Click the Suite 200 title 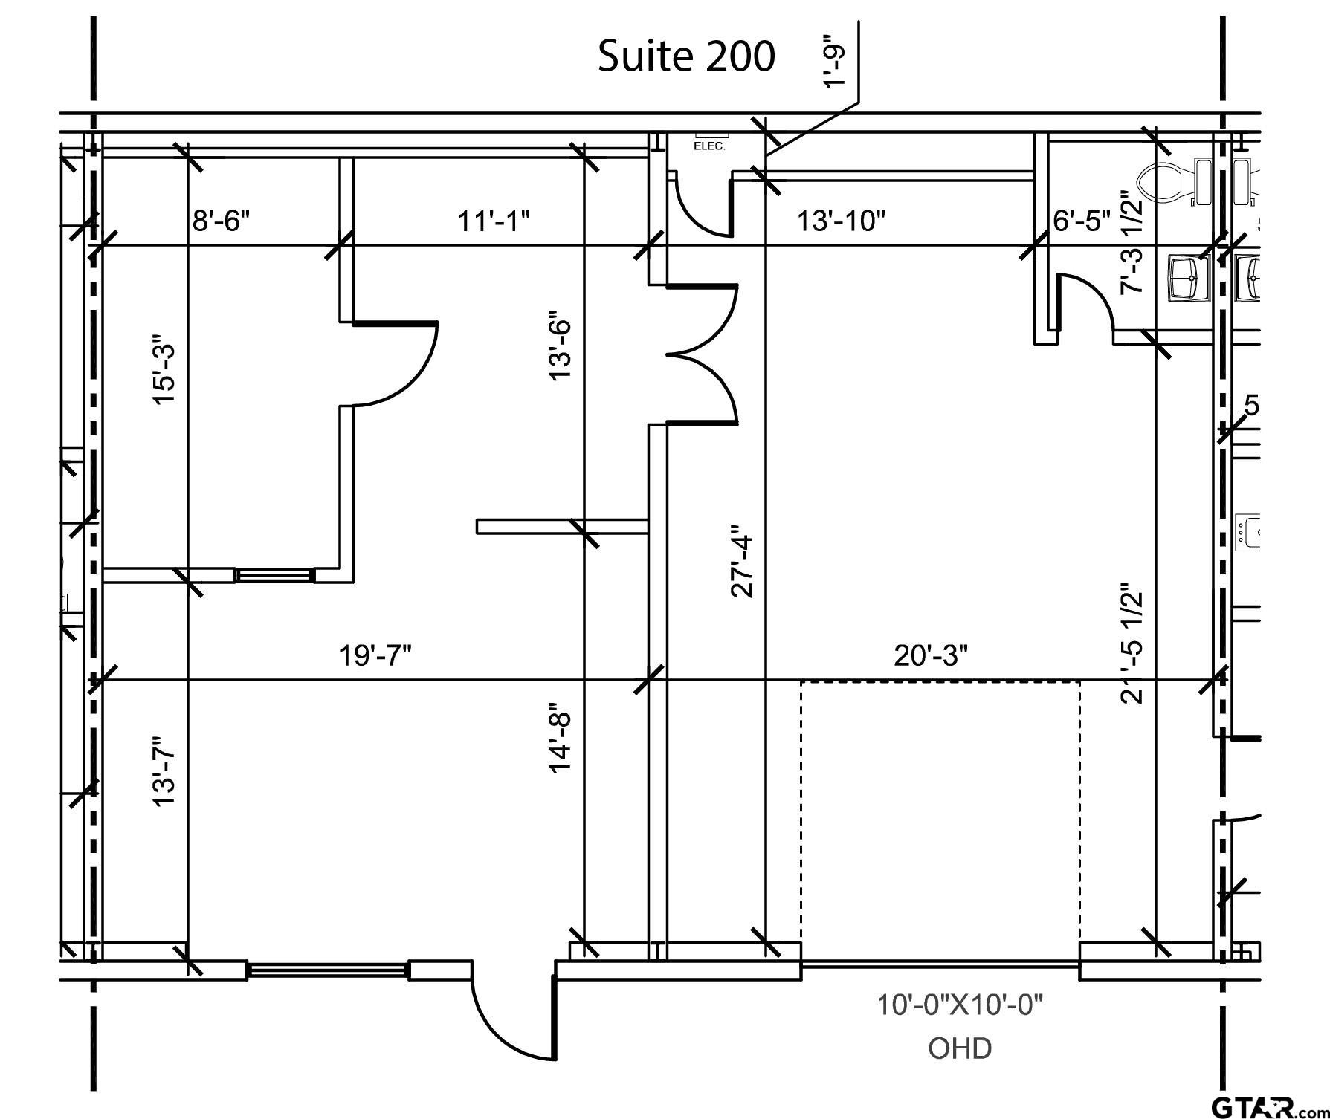[686, 56]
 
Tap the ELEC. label [709, 146]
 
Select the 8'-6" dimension [222, 221]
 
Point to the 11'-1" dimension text [494, 221]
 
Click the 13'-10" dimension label [842, 221]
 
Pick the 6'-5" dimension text [1082, 221]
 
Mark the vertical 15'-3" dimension [164, 374]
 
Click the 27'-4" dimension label [743, 561]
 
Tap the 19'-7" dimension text [375, 656]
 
